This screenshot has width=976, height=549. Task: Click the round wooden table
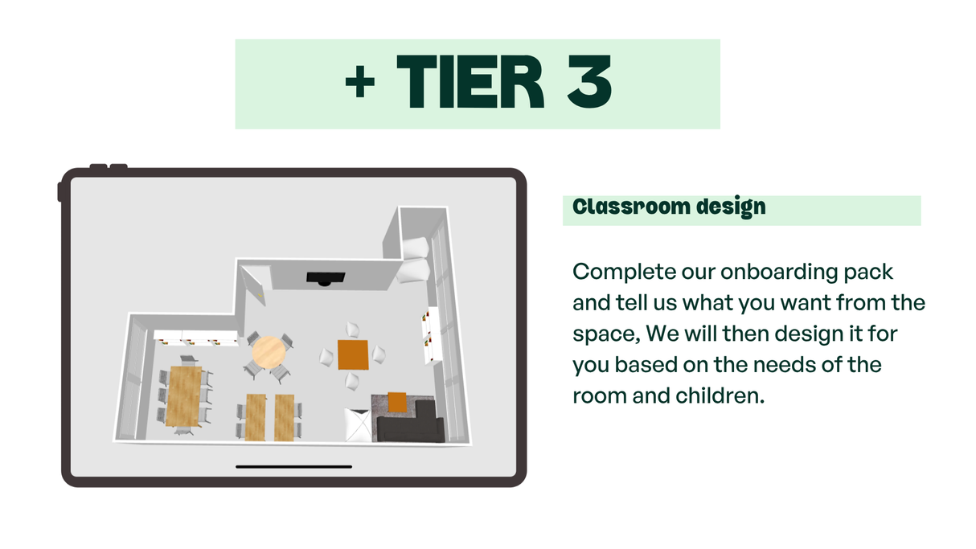coord(268,351)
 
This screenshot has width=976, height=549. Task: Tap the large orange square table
coord(353,354)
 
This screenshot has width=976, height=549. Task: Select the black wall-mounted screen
coord(326,278)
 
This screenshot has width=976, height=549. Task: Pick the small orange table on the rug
coord(397,401)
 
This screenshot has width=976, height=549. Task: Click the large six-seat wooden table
coord(184,395)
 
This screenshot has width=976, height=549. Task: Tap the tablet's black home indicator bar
coord(293,466)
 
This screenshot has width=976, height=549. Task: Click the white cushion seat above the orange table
coord(353,329)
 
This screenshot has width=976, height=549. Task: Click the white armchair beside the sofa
coord(358,424)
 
